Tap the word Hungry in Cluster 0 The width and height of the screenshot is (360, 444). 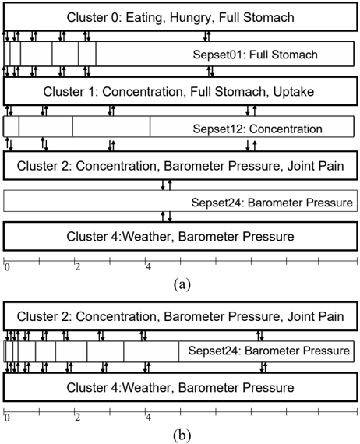tap(191, 18)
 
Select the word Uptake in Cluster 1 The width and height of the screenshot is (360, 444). tap(294, 92)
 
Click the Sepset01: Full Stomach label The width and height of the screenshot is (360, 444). tap(256, 55)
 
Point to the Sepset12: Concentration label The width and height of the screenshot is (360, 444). tap(257, 129)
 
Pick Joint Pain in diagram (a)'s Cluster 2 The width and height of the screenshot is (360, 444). tap(316, 166)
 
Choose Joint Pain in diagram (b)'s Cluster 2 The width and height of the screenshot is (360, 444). tap(316, 316)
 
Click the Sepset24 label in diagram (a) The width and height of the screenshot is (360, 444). tap(217, 203)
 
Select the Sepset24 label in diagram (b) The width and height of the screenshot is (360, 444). tap(214, 351)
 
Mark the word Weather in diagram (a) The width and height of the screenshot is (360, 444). tap(148, 237)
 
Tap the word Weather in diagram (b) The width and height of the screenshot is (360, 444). tap(148, 388)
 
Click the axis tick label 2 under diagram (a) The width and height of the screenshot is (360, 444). tap(78, 266)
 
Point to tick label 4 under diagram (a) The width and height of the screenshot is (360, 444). tap(148, 266)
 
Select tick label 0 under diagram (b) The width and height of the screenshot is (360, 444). tap(7, 418)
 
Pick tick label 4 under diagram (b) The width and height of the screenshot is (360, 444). tap(148, 418)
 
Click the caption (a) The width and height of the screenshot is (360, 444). tap(182, 284)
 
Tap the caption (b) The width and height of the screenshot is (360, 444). tap(182, 435)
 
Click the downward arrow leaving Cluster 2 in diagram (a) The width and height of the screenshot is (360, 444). tap(163, 185)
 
